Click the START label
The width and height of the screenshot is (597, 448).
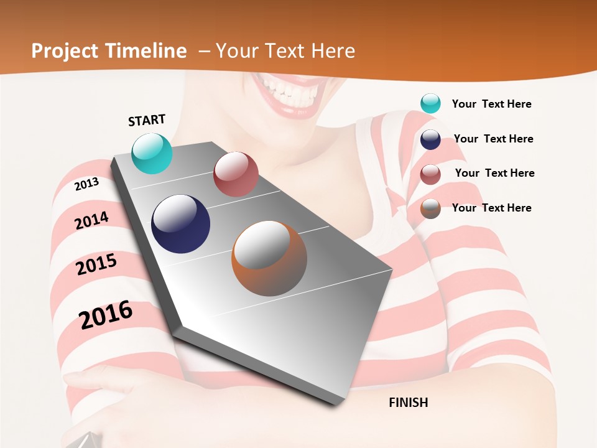[x=147, y=120]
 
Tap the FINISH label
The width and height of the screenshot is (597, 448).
[x=408, y=403]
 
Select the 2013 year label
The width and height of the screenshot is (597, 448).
[x=87, y=184]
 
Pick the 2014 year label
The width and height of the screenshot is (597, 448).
[x=91, y=221]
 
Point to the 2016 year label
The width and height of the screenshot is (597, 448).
[x=106, y=315]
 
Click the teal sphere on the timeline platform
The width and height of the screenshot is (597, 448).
[x=152, y=153]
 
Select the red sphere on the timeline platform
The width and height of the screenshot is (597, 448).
[x=236, y=174]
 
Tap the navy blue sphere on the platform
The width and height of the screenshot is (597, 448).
[x=180, y=224]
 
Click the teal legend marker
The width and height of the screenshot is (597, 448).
[x=430, y=103]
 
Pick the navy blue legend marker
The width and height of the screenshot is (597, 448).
[x=430, y=139]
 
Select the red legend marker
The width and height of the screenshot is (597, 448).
[x=430, y=174]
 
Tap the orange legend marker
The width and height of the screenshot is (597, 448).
[x=430, y=208]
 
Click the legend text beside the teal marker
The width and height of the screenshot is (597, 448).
[x=491, y=104]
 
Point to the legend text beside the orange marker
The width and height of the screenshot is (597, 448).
[x=491, y=208]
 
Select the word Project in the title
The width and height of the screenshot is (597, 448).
[x=64, y=51]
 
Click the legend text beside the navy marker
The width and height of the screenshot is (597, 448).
[x=493, y=139]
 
